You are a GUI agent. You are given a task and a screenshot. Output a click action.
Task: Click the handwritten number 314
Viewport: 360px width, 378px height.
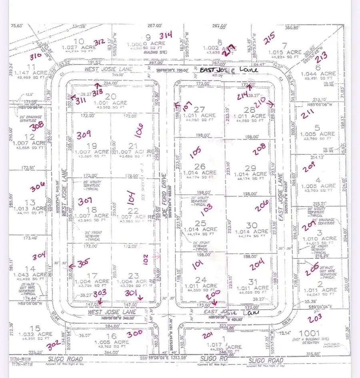[x=165, y=35]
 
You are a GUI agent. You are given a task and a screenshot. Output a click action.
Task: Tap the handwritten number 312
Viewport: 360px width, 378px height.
[x=99, y=42]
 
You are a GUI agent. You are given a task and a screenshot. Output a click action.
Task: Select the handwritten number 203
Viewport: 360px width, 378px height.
[x=315, y=319]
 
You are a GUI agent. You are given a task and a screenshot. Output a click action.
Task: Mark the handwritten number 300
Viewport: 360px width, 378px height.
[x=134, y=332]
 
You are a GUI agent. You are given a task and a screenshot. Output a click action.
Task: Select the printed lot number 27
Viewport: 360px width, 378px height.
[x=199, y=109]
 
